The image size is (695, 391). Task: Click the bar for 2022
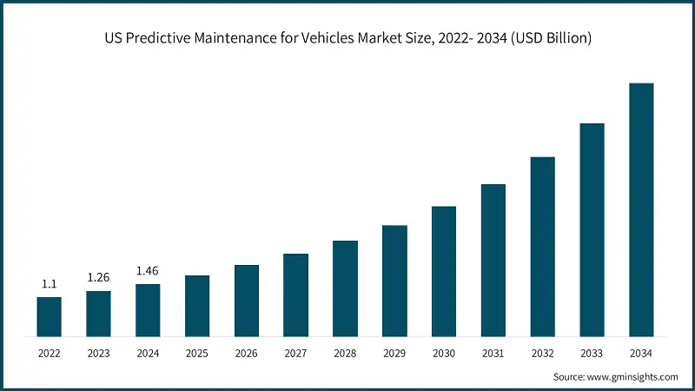(x=49, y=316)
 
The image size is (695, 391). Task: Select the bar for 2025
(x=197, y=306)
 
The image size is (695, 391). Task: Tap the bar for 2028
(x=345, y=288)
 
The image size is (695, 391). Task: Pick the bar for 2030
(x=444, y=271)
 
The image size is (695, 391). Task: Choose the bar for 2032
(x=542, y=247)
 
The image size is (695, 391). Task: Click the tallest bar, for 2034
(x=641, y=209)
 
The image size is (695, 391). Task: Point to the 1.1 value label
(x=49, y=284)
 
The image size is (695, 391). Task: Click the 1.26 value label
(x=98, y=278)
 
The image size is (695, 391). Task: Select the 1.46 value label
(x=148, y=271)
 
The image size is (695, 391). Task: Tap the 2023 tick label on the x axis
(x=98, y=354)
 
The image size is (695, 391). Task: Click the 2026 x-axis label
(x=247, y=354)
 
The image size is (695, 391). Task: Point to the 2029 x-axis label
(x=394, y=354)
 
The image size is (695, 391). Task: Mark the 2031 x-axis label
(x=493, y=354)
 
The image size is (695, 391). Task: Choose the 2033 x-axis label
(x=592, y=354)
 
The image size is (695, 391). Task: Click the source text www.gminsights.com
(x=632, y=377)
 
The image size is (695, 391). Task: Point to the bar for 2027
(x=295, y=295)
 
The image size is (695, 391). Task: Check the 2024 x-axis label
(x=148, y=354)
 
